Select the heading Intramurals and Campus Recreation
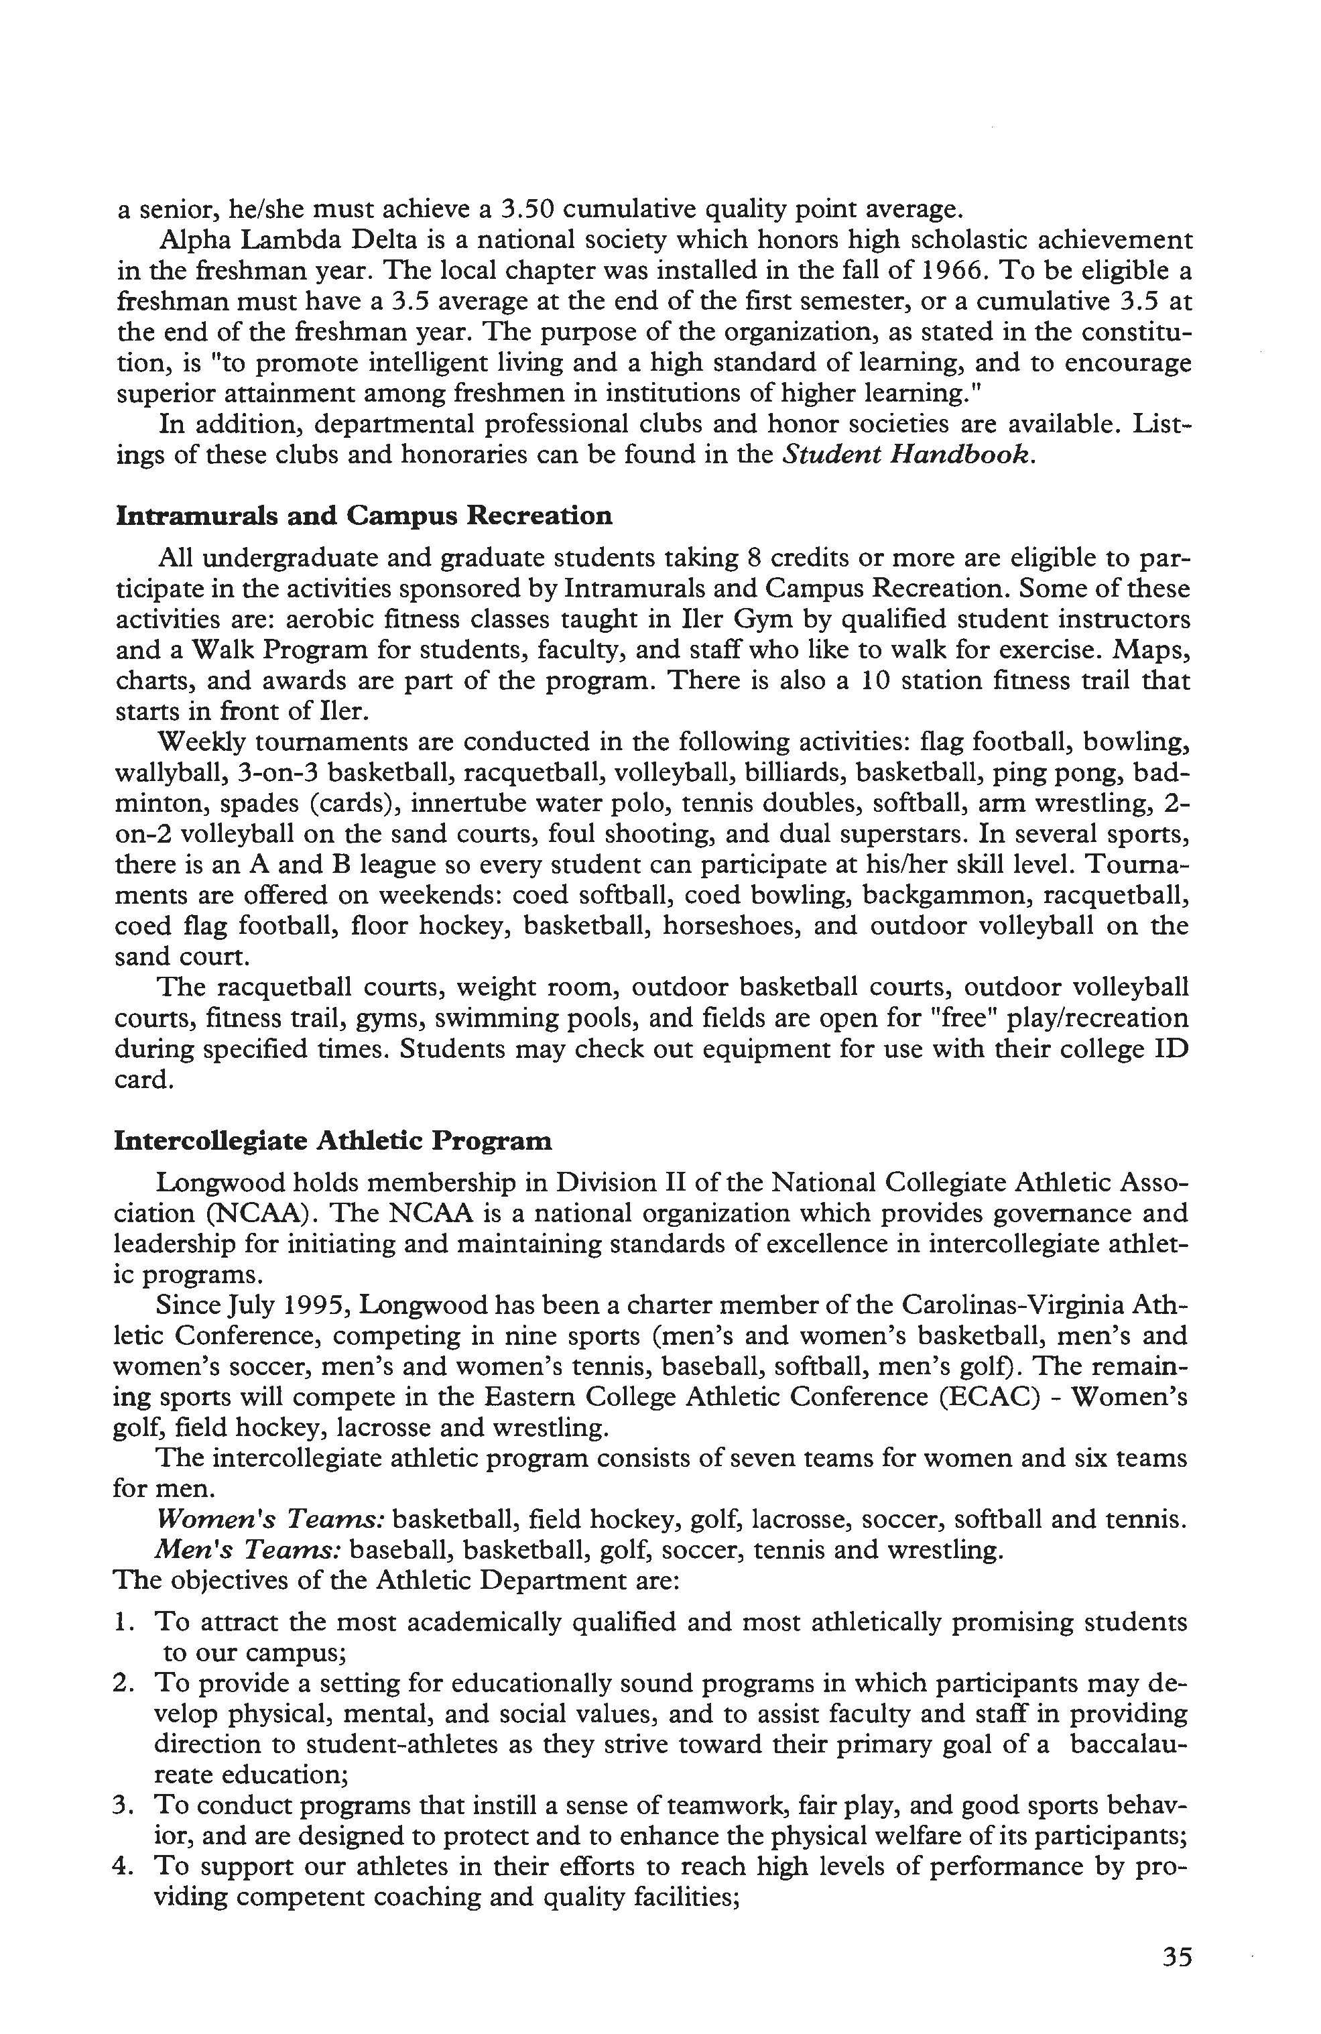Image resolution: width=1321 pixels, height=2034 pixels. [363, 516]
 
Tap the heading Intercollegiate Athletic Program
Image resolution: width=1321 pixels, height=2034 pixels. [332, 1141]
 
